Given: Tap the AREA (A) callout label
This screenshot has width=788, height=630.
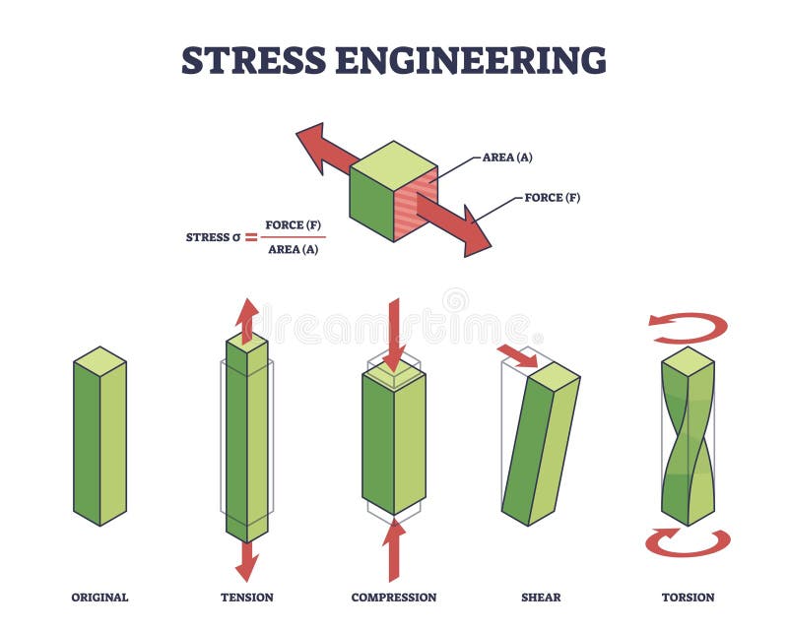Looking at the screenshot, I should coord(507,157).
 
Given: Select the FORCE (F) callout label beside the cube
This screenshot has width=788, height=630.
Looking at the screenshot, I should coord(552,198).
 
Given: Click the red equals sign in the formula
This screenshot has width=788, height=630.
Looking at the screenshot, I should coord(251,236).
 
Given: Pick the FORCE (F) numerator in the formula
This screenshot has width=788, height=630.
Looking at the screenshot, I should coord(294,224).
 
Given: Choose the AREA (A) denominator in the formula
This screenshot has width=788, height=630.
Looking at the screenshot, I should coord(292,249).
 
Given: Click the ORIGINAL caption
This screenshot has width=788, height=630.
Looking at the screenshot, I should coord(99,598).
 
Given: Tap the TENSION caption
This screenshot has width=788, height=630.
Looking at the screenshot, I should coord(247,598).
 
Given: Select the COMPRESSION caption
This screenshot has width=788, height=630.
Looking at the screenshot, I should coord(394,598).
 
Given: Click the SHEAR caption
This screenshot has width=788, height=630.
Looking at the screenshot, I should coord(541,598).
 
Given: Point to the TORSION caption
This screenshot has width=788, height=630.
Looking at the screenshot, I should coord(689,598).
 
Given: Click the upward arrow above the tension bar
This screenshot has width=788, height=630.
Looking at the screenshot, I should coord(247,317).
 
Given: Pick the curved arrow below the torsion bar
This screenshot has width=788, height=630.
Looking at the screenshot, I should coord(689,542).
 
